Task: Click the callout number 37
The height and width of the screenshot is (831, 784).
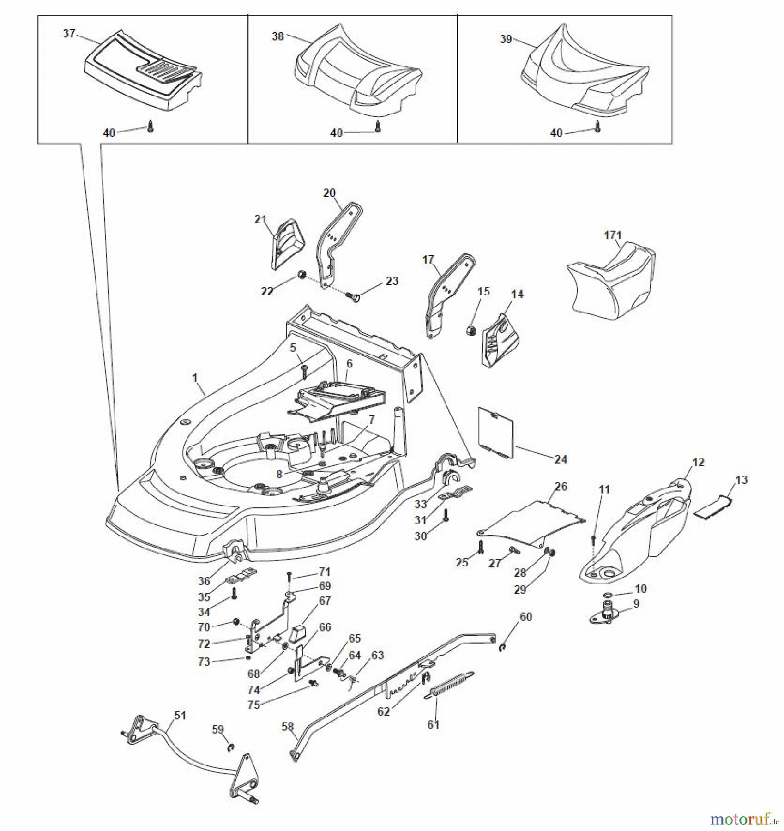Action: point(69,34)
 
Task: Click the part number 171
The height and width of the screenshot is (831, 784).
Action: point(613,235)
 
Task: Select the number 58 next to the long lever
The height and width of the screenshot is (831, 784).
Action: point(287,727)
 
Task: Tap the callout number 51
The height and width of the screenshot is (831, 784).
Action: point(180,715)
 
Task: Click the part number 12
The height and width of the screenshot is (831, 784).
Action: point(698,462)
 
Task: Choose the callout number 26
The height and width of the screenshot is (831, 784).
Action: point(561,486)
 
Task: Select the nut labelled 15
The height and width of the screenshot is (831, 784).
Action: point(471,331)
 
